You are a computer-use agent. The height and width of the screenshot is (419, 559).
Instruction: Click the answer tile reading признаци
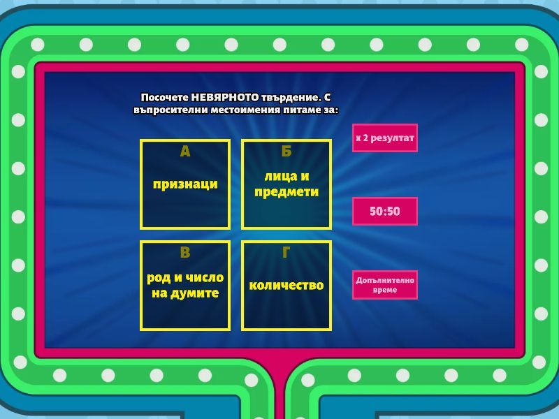click(185, 184)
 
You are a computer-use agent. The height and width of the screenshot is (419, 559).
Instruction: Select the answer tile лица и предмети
click(286, 184)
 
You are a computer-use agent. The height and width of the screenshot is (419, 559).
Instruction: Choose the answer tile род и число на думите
click(185, 286)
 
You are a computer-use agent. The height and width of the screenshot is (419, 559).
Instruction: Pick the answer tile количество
click(286, 286)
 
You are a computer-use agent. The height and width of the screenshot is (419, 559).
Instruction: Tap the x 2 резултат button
click(385, 138)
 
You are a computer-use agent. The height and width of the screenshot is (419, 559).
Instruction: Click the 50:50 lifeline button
click(385, 211)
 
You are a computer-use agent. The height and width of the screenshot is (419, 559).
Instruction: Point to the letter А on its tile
click(185, 152)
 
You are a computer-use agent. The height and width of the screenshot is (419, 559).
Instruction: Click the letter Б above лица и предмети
click(286, 152)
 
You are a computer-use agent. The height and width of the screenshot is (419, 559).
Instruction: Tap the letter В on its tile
click(185, 252)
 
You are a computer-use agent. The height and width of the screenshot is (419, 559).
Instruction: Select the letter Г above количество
click(286, 252)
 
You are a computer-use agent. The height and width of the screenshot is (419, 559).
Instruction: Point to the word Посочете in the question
click(164, 97)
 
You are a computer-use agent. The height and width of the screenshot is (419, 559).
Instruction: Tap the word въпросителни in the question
click(170, 110)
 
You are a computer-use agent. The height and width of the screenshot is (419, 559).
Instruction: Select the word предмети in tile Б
click(286, 192)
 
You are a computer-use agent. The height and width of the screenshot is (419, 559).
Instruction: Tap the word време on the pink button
click(385, 290)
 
